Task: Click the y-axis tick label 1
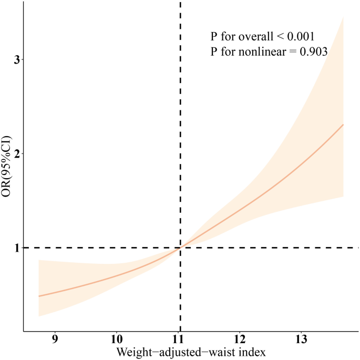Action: pos(16,248)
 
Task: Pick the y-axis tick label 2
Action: pos(16,153)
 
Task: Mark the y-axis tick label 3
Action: pos(16,60)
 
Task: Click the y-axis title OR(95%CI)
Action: pos(7,158)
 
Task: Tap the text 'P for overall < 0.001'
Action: pos(262,37)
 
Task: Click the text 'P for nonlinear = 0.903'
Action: pos(269,52)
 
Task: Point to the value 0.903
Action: pos(313,52)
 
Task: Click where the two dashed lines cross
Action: pos(180,248)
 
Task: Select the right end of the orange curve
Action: pos(343,125)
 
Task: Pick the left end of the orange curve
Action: pos(39,296)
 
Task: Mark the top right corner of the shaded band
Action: pos(343,17)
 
